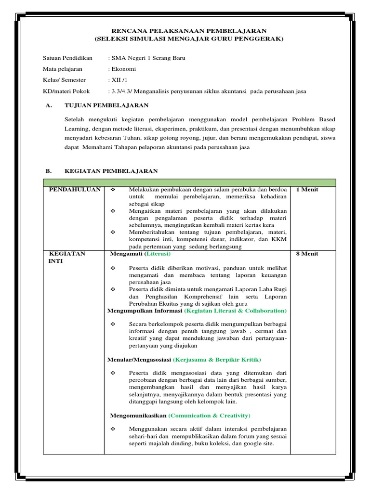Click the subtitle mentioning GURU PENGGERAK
[x=189, y=39]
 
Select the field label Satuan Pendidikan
[x=67, y=58]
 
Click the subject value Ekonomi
[x=124, y=69]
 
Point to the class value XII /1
[x=120, y=80]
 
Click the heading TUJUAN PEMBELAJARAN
[x=106, y=105]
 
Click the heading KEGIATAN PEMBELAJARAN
[x=111, y=170]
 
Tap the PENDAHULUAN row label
[x=75, y=190]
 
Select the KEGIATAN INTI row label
[x=67, y=258]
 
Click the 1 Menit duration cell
[x=307, y=190]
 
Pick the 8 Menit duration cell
[x=307, y=254]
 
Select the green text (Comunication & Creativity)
[x=210, y=415]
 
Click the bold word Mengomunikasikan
[x=138, y=415]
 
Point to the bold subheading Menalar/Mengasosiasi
[x=140, y=360]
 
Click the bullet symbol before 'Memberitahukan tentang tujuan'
[x=113, y=232]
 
